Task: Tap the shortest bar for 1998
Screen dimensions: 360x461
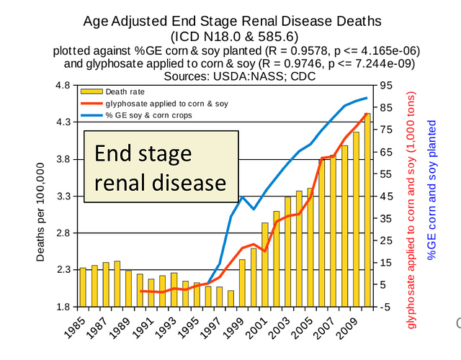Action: coord(230,298)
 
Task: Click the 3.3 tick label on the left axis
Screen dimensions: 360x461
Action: coord(63,196)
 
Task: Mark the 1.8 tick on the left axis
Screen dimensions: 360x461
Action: coord(63,306)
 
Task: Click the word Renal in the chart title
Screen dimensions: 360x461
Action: coord(290,21)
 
